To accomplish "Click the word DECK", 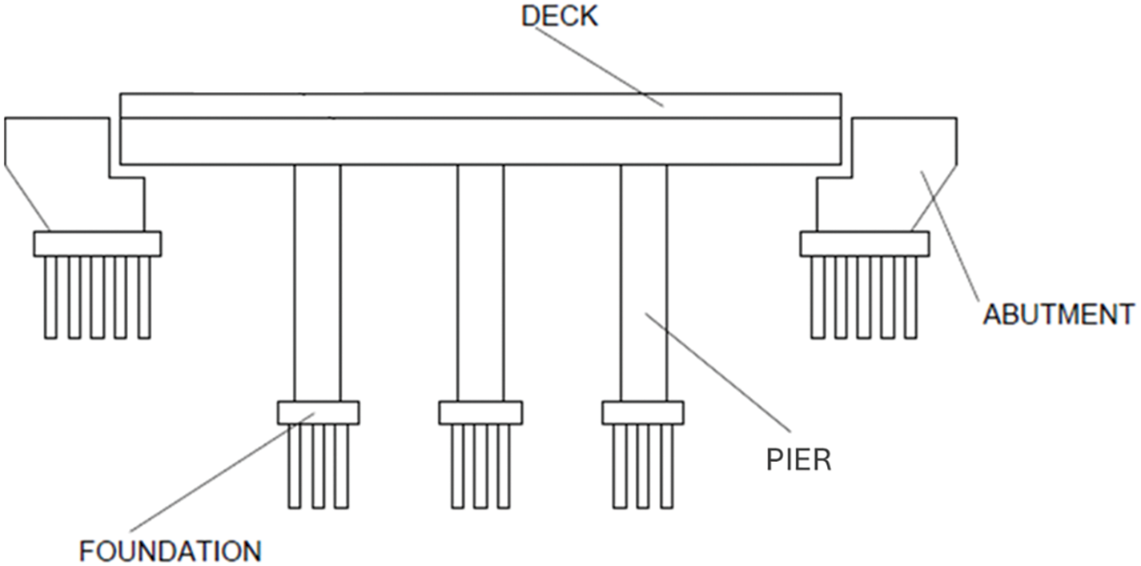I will (x=560, y=16).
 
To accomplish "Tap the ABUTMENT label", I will (x=1058, y=314).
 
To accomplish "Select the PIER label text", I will (x=799, y=461).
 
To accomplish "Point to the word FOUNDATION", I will (x=170, y=551).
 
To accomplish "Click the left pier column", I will (x=317, y=280).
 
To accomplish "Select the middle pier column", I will (x=480, y=280).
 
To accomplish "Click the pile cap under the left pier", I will (x=318, y=412).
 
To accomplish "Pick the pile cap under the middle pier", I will (x=480, y=412).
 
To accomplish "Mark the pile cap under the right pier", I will (x=643, y=412).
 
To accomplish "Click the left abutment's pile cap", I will (x=97, y=243).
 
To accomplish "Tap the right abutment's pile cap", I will (x=865, y=243).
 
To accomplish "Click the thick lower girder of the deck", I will (x=480, y=143).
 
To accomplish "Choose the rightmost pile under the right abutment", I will (x=910, y=296).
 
